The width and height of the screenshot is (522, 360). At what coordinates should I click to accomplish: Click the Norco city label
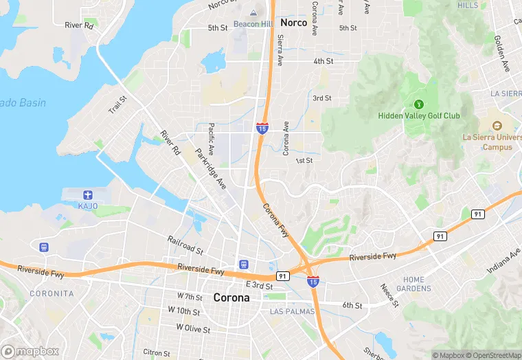[294, 23]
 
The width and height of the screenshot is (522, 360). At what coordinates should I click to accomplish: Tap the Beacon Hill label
[253, 24]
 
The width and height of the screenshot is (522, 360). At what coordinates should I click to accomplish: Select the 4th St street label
[324, 61]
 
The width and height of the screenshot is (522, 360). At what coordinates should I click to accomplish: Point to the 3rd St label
[322, 98]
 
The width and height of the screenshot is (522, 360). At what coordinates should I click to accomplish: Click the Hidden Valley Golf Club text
[419, 116]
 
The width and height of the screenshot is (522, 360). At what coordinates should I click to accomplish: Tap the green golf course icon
[419, 104]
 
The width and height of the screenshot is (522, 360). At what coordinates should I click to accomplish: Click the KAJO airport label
[88, 206]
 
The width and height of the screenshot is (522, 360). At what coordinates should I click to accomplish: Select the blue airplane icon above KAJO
[88, 194]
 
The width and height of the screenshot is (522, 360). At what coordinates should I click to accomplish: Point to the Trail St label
[117, 105]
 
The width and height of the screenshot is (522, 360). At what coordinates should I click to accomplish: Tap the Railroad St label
[185, 244]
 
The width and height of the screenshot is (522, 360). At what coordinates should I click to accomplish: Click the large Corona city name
[231, 297]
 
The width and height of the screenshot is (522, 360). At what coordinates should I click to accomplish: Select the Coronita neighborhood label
[52, 293]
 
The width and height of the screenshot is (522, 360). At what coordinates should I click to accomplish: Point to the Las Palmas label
[292, 311]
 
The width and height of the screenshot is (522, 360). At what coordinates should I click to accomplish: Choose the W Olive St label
[193, 328]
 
